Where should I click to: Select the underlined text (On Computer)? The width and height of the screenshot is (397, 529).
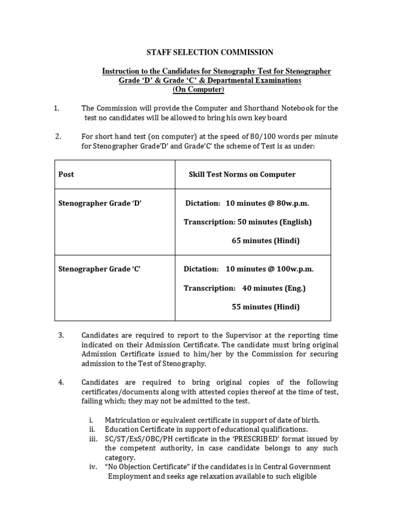198,89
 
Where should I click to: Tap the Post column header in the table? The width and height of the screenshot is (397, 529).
66,175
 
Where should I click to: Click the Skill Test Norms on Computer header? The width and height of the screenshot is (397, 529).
242,175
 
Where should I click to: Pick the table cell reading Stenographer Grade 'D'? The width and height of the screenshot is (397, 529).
100,203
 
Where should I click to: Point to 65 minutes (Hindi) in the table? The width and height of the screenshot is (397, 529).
265,241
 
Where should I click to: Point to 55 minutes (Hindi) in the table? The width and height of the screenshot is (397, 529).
265,307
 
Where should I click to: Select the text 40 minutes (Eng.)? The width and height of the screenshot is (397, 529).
274,288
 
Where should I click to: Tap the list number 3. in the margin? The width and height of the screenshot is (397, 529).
61,335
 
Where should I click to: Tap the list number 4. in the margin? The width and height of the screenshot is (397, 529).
61,382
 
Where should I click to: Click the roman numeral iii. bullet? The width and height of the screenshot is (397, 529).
93,439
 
